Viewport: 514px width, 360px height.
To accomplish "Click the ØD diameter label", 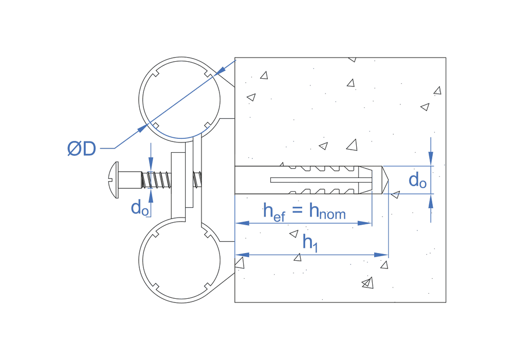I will (x=82, y=149).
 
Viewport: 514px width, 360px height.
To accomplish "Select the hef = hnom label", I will (x=304, y=211).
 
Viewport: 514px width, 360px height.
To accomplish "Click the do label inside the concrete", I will (x=417, y=181).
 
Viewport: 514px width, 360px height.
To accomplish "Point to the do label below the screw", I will (x=140, y=208).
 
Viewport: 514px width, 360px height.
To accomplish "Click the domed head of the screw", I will (x=115, y=179).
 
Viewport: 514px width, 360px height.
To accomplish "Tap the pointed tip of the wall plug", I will (x=386, y=180).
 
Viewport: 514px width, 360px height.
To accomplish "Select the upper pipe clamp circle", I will (x=180, y=98).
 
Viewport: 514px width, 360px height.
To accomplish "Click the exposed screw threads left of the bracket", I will (x=156, y=179).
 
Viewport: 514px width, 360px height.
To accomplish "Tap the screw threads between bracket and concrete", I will (x=197, y=179).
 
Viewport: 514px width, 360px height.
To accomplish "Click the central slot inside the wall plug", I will (x=319, y=180).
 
